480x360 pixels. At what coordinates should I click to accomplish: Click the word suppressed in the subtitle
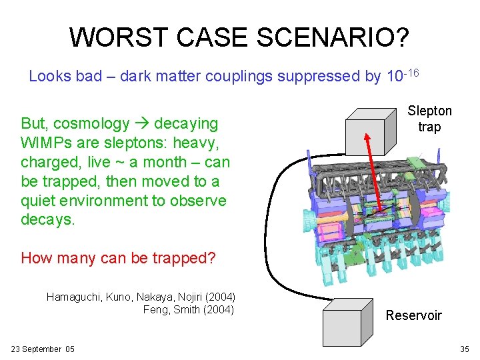(x=319, y=76)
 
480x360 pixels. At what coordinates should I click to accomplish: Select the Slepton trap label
(x=429, y=119)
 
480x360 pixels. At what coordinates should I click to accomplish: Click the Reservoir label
(x=413, y=315)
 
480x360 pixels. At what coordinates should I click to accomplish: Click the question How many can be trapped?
(x=118, y=257)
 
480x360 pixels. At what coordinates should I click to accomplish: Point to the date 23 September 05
(x=43, y=349)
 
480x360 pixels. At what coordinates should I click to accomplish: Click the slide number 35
(x=464, y=349)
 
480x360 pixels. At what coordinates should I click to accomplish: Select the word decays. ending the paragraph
(x=48, y=220)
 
